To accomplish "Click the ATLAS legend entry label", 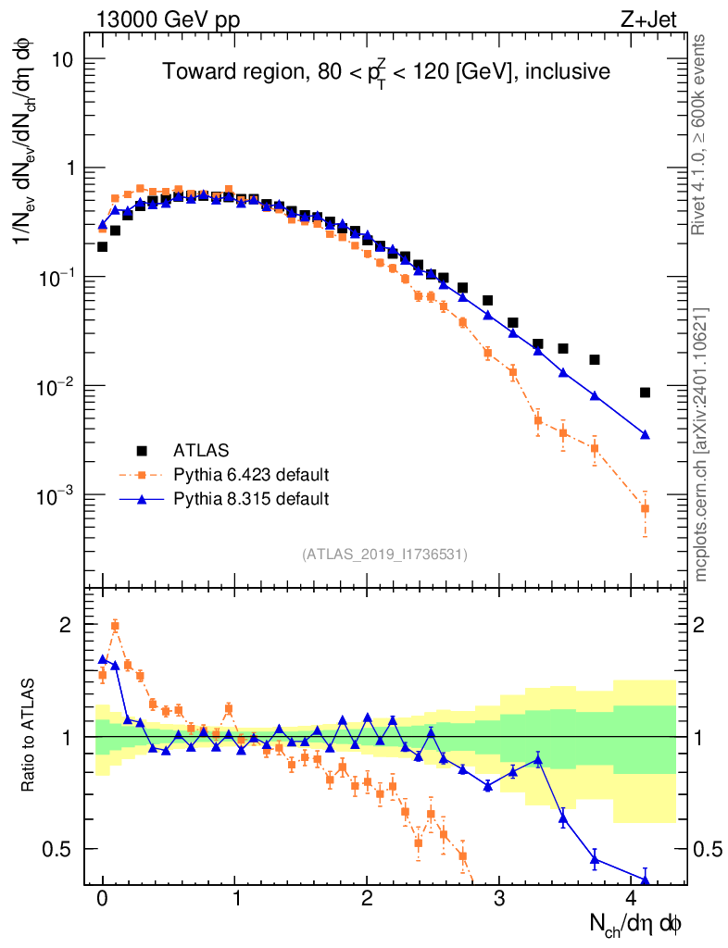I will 200,451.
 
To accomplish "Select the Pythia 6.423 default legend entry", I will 251,475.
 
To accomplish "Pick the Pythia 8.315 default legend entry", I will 251,499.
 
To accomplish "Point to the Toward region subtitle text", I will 386,72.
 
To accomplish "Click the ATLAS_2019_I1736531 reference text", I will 384,555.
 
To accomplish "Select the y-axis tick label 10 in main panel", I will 61,59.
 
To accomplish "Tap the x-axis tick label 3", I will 499,899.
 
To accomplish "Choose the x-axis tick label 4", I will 632,899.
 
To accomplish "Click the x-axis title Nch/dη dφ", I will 636,924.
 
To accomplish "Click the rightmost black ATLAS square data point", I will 645,393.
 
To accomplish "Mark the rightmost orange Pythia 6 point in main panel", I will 645,508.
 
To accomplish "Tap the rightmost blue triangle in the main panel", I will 645,434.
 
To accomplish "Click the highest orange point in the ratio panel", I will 115,626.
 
